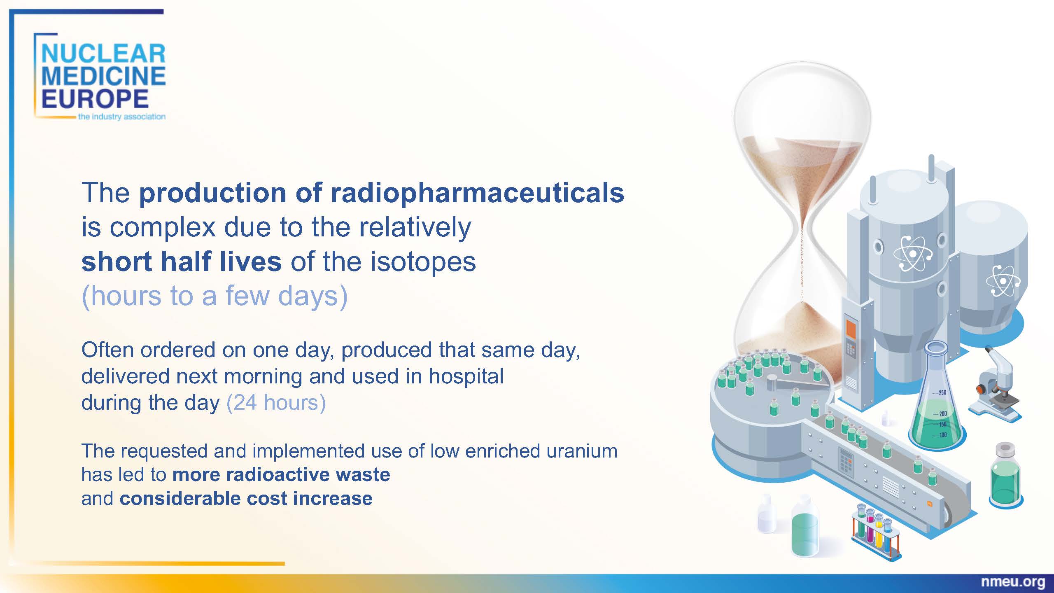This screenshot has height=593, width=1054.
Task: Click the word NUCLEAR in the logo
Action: point(103,54)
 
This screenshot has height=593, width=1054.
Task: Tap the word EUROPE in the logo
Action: point(95,99)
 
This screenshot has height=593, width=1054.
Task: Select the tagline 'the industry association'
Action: point(122,117)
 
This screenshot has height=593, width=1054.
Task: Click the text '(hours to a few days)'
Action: point(215,296)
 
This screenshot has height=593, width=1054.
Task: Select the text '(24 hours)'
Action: point(276,402)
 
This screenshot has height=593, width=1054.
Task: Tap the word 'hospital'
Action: point(466,376)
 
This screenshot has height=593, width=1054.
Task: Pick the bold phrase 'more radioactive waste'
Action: point(281,474)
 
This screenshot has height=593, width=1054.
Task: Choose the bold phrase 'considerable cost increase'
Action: point(246,498)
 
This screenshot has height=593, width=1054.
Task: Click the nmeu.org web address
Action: point(1013,582)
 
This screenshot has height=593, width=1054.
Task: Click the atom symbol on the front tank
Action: point(913,254)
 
